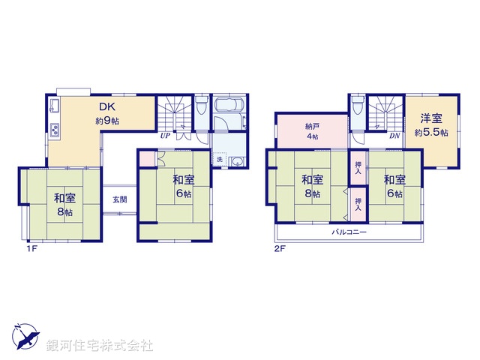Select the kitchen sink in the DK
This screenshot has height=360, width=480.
[55, 107]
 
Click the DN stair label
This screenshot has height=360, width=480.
[394, 136]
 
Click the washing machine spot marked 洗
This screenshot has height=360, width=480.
[220, 160]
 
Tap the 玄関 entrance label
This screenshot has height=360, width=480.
[120, 199]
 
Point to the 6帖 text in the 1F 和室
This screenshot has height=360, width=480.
[182, 193]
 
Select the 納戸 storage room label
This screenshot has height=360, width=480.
[311, 126]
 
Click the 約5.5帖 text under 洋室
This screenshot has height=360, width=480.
[431, 133]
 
